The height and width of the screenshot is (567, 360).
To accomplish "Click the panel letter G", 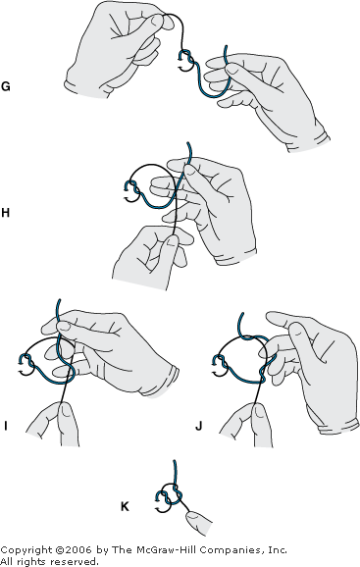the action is pos(6,86).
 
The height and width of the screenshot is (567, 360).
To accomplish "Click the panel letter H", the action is pos(5,213).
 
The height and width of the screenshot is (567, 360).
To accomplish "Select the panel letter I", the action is pos(6,427).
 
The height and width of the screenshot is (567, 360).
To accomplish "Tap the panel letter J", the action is pos(199,427).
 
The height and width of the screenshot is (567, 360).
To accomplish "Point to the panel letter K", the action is pos(125,506).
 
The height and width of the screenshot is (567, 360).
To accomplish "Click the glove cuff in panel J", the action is pos(339,426).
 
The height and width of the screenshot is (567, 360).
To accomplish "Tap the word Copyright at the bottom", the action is pos(26,550).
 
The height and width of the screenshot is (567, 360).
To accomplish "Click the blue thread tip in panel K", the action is pos(175,461).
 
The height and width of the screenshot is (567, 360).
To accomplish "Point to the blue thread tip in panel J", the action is pos(241,313).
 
